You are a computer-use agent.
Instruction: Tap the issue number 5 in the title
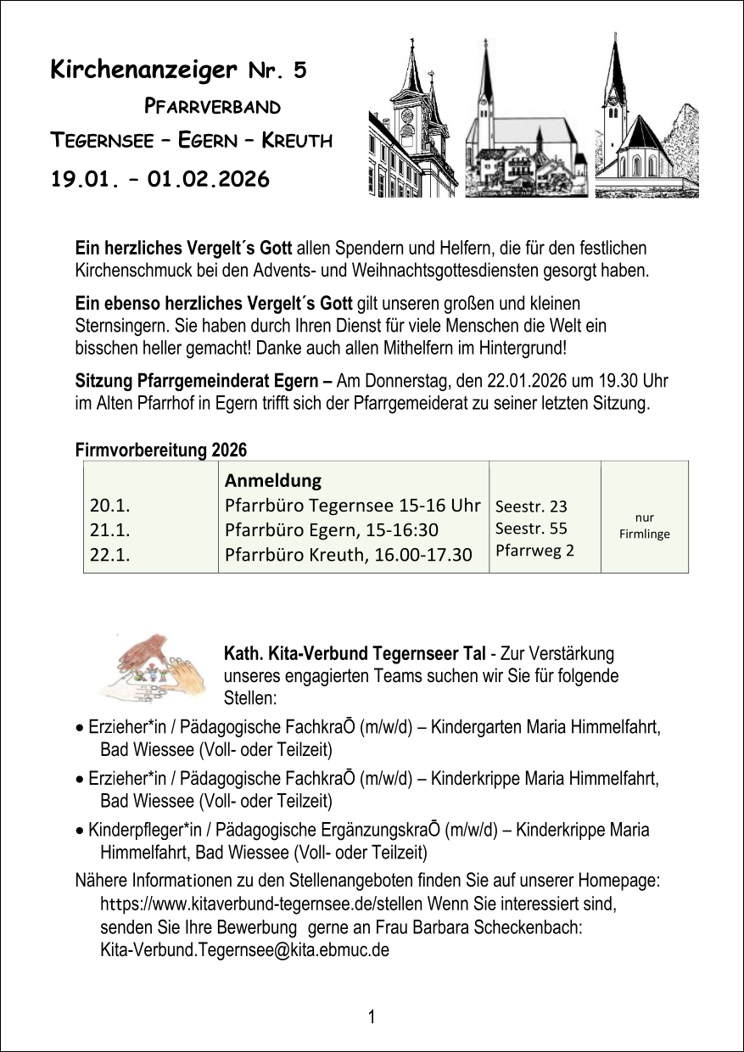click(x=299, y=71)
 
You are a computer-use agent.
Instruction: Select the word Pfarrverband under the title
click(x=212, y=107)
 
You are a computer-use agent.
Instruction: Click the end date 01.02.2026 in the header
click(x=208, y=179)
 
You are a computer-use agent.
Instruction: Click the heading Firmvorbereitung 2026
click(x=161, y=450)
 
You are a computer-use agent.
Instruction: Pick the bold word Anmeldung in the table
click(x=273, y=481)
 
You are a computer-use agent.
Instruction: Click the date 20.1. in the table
click(x=109, y=506)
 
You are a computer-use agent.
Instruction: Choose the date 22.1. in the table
click(x=109, y=554)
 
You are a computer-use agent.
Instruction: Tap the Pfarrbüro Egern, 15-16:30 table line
click(x=331, y=530)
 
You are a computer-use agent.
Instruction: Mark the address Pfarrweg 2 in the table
click(x=534, y=551)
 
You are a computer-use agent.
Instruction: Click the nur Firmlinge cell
click(x=644, y=526)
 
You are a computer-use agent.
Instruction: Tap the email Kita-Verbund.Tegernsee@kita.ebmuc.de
click(x=244, y=949)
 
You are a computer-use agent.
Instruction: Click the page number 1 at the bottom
click(x=372, y=1016)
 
